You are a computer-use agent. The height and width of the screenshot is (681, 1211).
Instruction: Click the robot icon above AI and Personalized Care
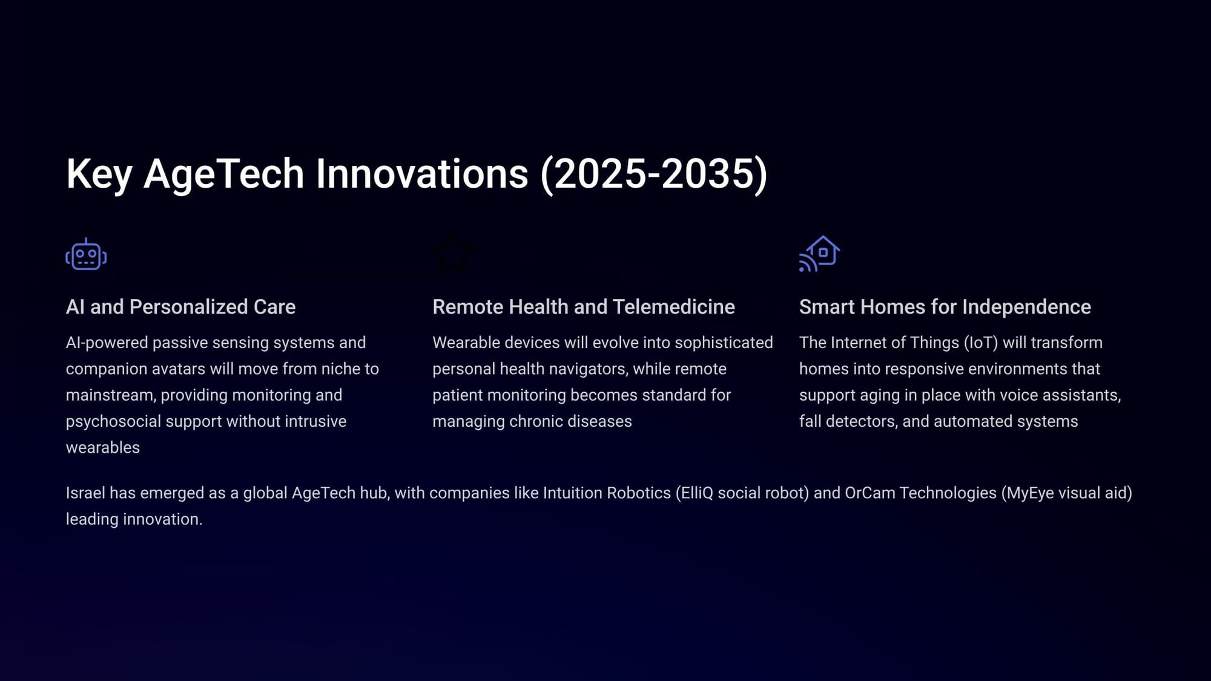pyautogui.click(x=86, y=254)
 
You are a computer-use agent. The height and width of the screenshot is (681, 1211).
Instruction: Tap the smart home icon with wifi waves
pyautogui.click(x=819, y=254)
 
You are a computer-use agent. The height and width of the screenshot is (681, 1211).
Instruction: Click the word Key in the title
pyautogui.click(x=99, y=174)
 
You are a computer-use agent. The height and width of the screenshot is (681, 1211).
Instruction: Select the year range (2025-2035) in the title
pyautogui.click(x=654, y=174)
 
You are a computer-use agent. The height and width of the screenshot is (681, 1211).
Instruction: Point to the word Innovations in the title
pyautogui.click(x=422, y=174)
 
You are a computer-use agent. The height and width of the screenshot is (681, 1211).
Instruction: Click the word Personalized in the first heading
pyautogui.click(x=188, y=307)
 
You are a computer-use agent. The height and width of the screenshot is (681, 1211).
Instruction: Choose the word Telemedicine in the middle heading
pyautogui.click(x=674, y=307)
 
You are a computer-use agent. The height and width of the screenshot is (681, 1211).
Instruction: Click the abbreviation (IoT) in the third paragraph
pyautogui.click(x=980, y=343)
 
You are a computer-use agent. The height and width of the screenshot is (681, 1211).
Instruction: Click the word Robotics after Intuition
pyautogui.click(x=639, y=493)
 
